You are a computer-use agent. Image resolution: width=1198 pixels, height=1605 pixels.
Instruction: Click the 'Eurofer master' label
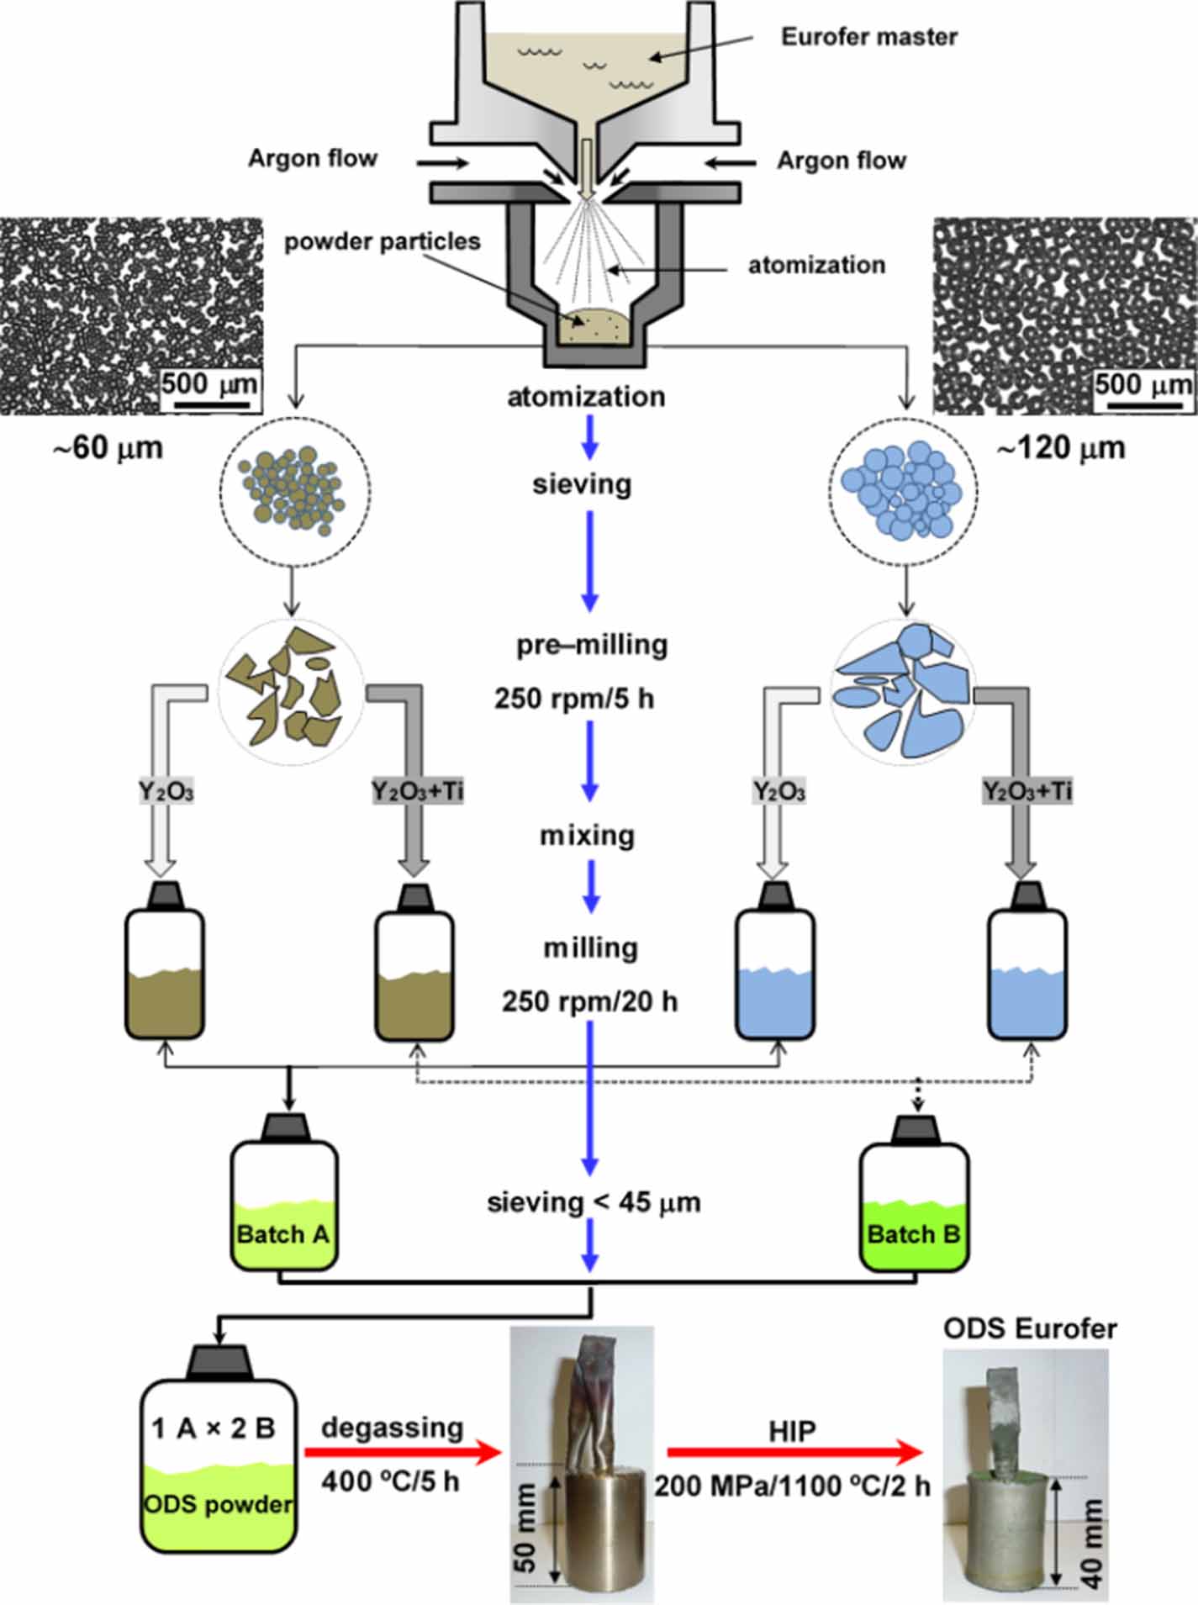pyautogui.click(x=868, y=37)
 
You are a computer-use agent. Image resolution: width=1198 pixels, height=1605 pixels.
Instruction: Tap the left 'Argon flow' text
pyautogui.click(x=313, y=159)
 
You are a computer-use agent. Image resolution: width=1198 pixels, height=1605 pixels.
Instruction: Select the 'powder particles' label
pyautogui.click(x=382, y=242)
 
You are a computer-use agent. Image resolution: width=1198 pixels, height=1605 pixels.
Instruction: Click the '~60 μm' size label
pyautogui.click(x=108, y=448)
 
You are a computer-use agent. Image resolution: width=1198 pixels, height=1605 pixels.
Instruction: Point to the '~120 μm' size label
pyautogui.click(x=1060, y=448)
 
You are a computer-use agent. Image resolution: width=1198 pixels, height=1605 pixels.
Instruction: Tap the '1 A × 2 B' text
pyautogui.click(x=214, y=1428)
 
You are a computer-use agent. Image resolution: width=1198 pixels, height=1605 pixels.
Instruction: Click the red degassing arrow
pyautogui.click(x=403, y=1452)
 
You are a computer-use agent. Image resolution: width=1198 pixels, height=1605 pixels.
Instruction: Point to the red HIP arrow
pyautogui.click(x=794, y=1452)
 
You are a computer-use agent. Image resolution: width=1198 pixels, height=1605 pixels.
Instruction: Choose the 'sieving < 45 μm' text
pyautogui.click(x=594, y=1203)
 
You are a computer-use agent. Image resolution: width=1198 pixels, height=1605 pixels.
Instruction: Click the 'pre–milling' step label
pyautogui.click(x=592, y=645)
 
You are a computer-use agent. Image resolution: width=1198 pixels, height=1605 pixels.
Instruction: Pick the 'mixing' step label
pyautogui.click(x=587, y=836)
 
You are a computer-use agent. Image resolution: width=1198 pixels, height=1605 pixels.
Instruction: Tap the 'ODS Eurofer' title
pyautogui.click(x=1030, y=1328)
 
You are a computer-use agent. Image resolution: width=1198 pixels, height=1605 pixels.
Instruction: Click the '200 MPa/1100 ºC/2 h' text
pyautogui.click(x=793, y=1486)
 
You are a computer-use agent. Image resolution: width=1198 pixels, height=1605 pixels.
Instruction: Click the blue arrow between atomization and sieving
pyautogui.click(x=590, y=437)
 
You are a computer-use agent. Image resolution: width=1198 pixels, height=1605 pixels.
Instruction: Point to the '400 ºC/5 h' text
pyautogui.click(x=390, y=1481)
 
